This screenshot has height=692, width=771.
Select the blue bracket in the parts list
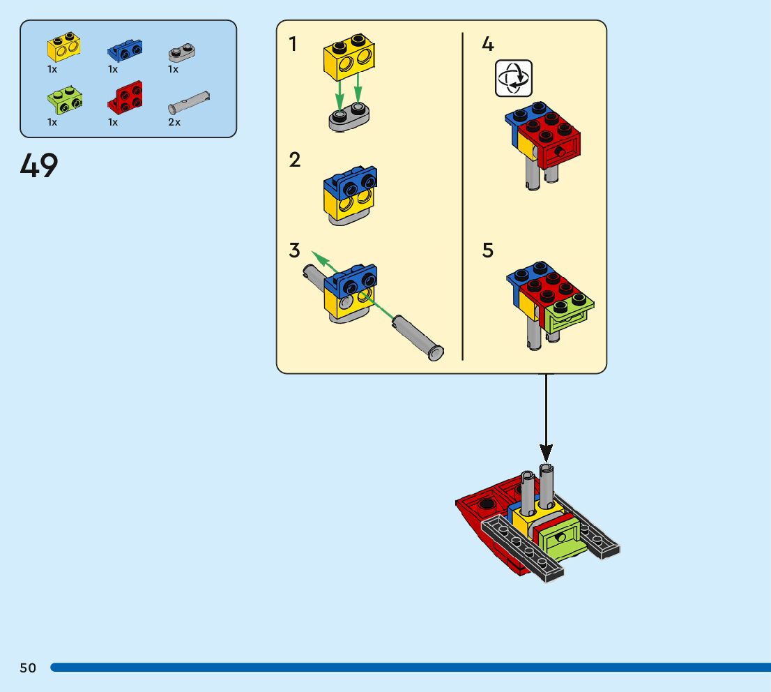(125, 50)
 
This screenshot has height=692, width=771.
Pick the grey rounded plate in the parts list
(182, 53)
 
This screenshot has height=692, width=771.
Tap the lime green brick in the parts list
(65, 101)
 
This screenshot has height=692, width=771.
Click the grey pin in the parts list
(189, 103)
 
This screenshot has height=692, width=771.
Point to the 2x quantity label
(174, 122)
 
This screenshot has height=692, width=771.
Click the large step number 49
(39, 166)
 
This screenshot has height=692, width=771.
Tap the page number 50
(28, 668)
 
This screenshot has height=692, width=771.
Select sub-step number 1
(293, 45)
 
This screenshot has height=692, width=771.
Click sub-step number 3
(295, 250)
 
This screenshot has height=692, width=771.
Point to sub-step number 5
(488, 250)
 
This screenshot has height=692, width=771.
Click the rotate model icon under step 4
(514, 77)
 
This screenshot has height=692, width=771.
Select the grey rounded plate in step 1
(348, 118)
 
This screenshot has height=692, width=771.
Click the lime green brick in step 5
(566, 315)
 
